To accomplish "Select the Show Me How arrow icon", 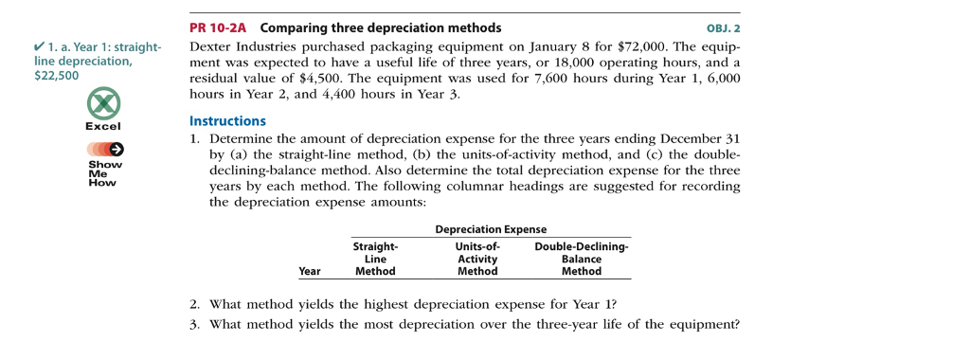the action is (104, 149).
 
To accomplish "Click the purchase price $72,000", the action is (644, 45).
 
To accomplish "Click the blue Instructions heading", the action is (227, 121).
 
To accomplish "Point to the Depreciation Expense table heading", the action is (490, 229).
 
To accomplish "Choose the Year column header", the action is (309, 271).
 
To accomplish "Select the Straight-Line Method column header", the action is (375, 259).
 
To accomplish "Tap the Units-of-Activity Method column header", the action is (477, 259).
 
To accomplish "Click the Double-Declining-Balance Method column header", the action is (581, 259).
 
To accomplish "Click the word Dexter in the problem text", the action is (212, 45).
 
